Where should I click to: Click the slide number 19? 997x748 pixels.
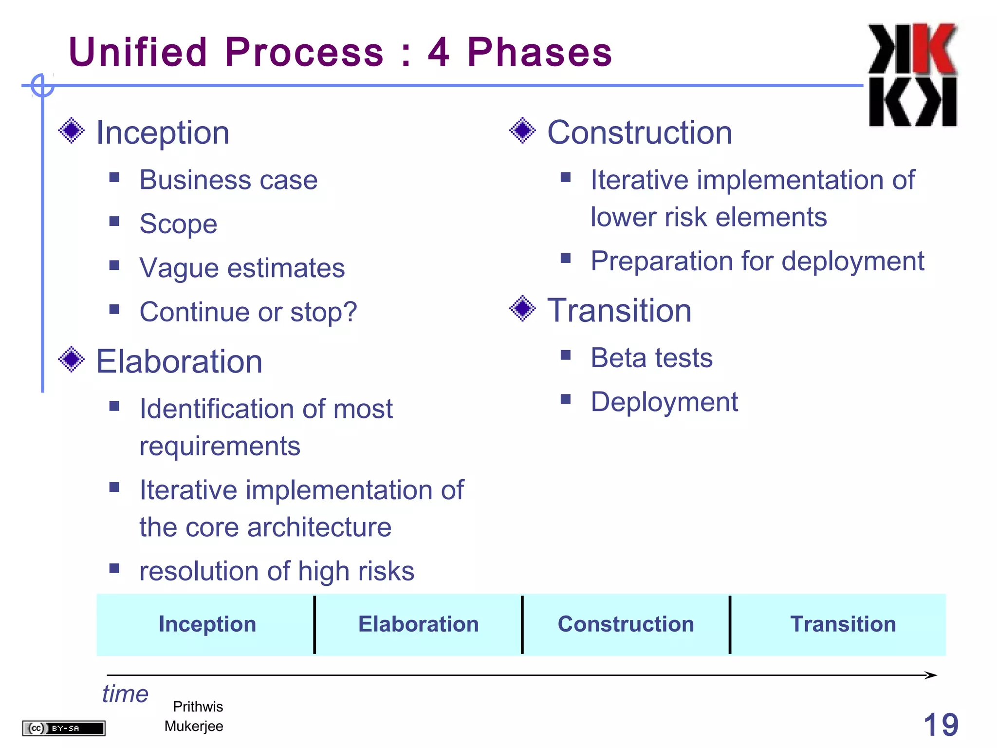coord(941,725)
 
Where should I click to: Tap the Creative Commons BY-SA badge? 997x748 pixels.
coord(64,728)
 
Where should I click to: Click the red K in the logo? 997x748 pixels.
coord(936,49)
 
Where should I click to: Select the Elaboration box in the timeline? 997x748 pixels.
coord(418,624)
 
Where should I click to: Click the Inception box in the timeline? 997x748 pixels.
coord(207,624)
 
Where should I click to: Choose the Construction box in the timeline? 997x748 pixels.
coord(626,624)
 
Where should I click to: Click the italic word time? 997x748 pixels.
coord(125,693)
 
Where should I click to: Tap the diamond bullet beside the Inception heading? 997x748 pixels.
coord(72,131)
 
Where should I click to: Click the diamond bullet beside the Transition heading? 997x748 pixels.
coord(522,308)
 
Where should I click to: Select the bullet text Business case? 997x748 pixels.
coord(228,180)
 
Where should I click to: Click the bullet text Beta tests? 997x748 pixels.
coord(651,358)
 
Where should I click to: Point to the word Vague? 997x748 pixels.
coord(179,268)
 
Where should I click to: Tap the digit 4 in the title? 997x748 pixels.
coord(439,52)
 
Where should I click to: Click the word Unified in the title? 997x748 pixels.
coord(138,52)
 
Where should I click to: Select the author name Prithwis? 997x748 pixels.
coord(198,707)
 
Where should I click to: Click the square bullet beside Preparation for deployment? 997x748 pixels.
coord(565,258)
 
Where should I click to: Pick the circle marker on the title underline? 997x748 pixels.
coord(42,86)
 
